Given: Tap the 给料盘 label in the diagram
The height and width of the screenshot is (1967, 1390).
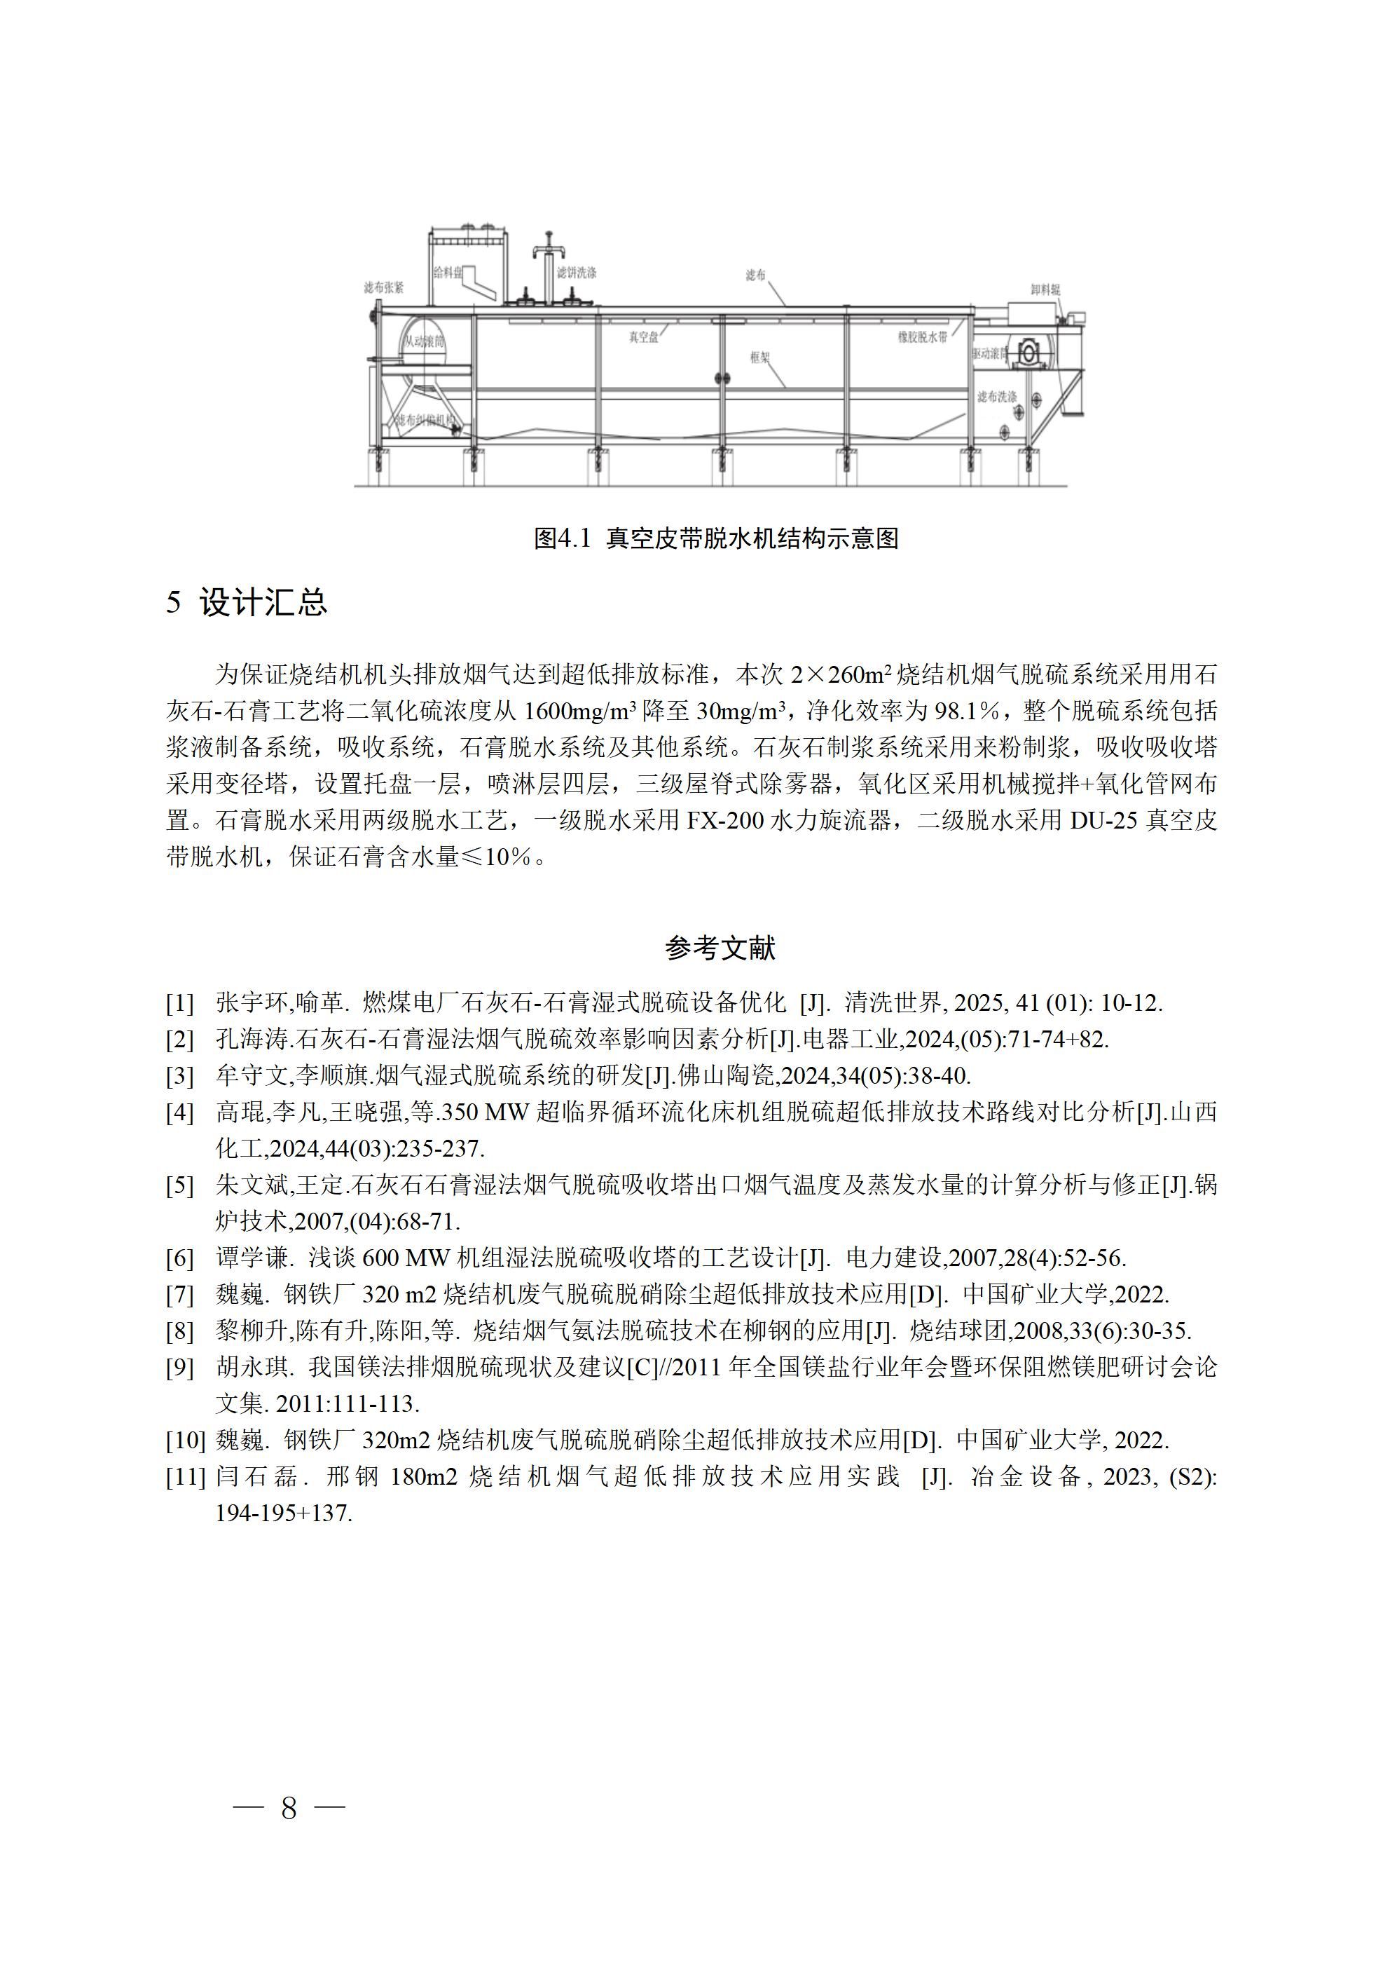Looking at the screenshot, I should [448, 273].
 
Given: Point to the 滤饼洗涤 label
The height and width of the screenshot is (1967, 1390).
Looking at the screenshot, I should [577, 273].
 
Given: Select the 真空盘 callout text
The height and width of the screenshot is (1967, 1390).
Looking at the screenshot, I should [644, 338].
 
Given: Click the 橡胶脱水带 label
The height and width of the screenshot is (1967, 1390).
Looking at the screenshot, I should [923, 338].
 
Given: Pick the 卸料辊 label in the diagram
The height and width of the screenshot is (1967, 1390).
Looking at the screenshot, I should [1045, 290].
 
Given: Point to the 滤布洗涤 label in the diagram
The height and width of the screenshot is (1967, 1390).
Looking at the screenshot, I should [997, 397].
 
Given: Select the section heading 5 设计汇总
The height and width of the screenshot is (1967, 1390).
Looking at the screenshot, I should [247, 602].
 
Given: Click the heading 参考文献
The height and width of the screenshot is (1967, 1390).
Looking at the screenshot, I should [720, 948].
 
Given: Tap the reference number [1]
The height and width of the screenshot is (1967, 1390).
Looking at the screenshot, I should [180, 1002].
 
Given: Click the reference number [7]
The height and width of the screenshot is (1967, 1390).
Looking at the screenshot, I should [180, 1295].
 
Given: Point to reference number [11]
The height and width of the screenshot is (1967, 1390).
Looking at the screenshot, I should [186, 1477].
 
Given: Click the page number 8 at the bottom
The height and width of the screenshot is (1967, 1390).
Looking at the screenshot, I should [289, 1809].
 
